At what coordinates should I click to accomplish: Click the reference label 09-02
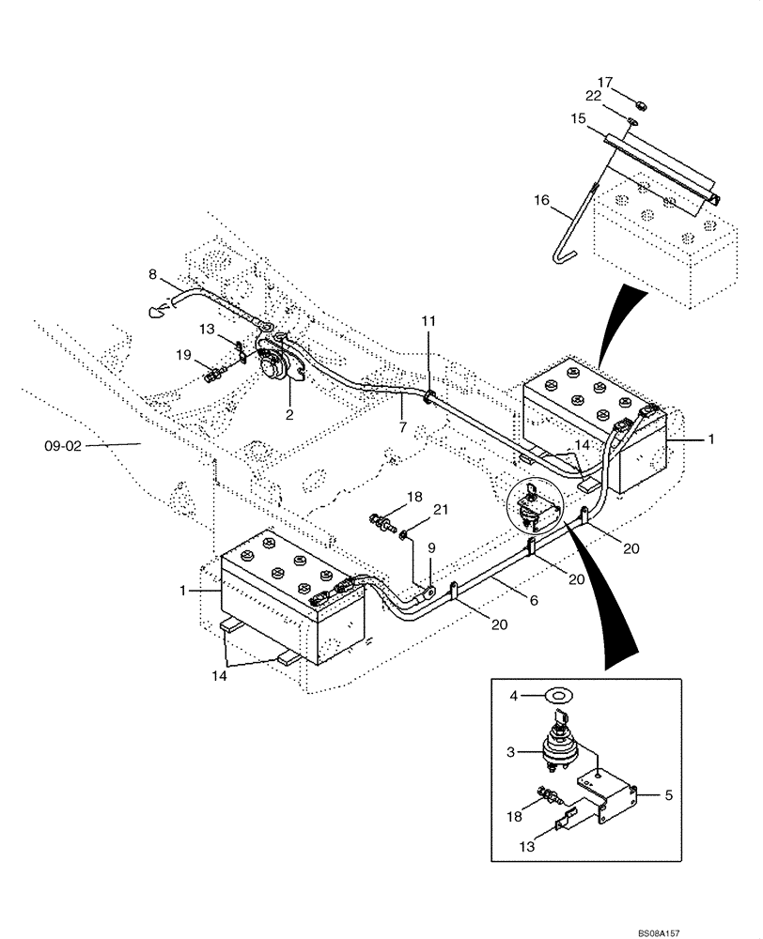tap(63, 446)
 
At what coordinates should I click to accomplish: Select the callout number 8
tap(152, 274)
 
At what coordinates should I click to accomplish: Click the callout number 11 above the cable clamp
tap(428, 321)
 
